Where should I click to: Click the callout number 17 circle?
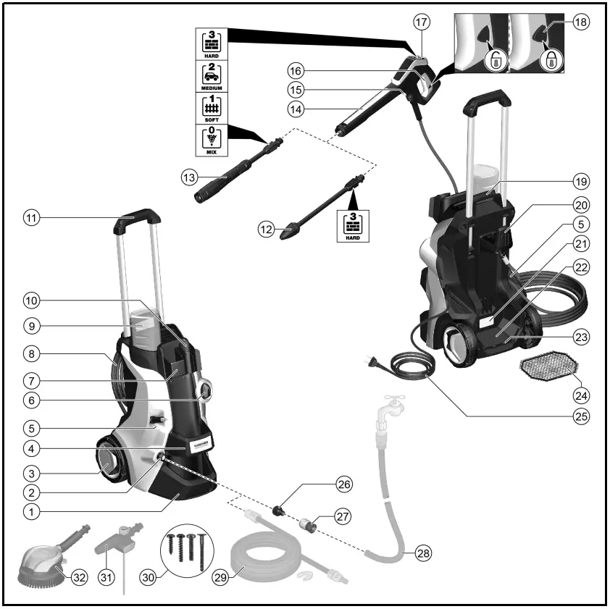[422, 22]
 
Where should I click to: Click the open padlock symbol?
[495, 61]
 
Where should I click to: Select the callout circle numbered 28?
[422, 555]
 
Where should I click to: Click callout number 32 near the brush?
[79, 577]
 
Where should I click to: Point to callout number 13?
[190, 177]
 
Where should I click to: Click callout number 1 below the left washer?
[30, 511]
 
